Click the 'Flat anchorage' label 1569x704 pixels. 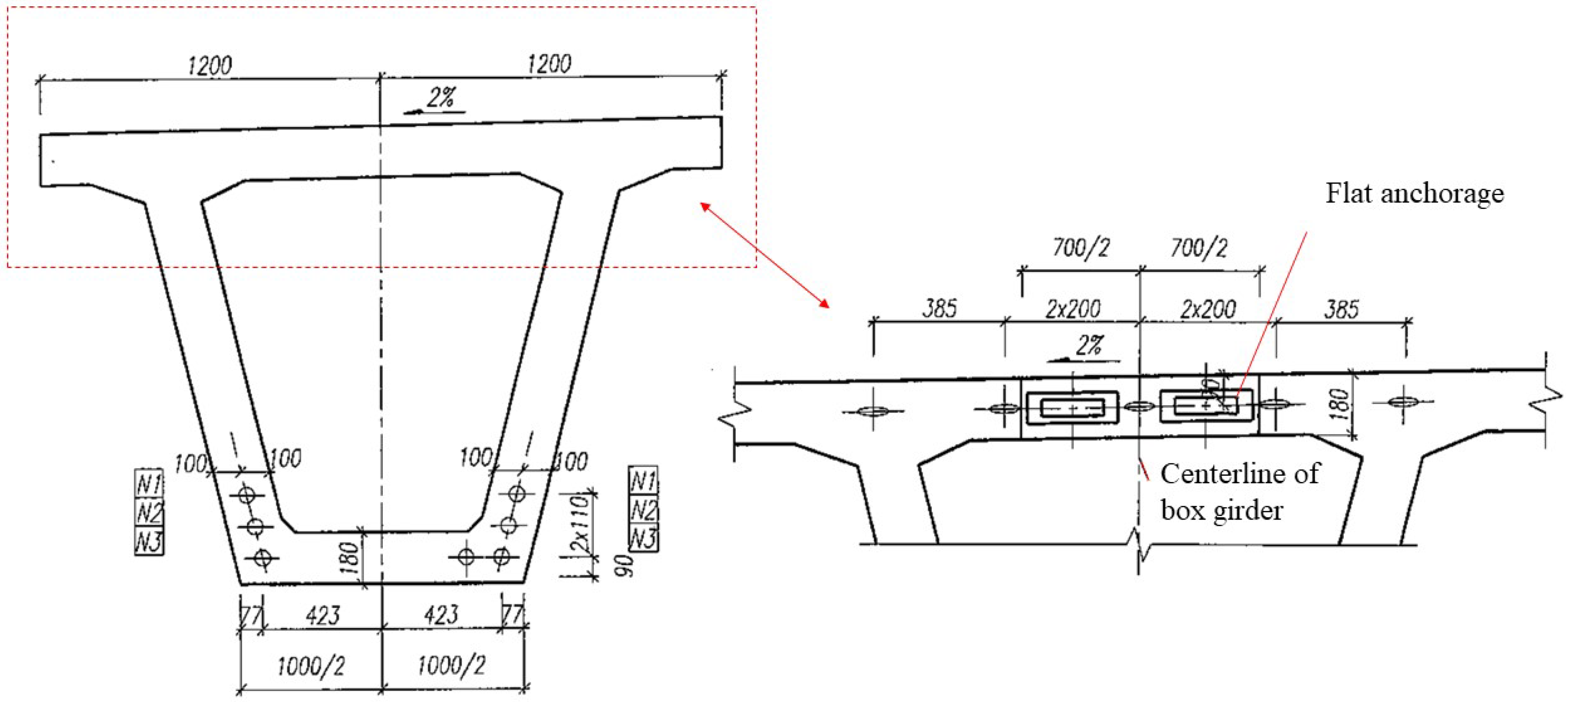click(1414, 194)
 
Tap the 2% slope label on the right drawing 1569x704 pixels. click(1088, 346)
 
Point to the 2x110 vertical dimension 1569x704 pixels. click(580, 524)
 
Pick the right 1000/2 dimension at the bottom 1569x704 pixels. click(451, 665)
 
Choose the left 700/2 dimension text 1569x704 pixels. click(1081, 248)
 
